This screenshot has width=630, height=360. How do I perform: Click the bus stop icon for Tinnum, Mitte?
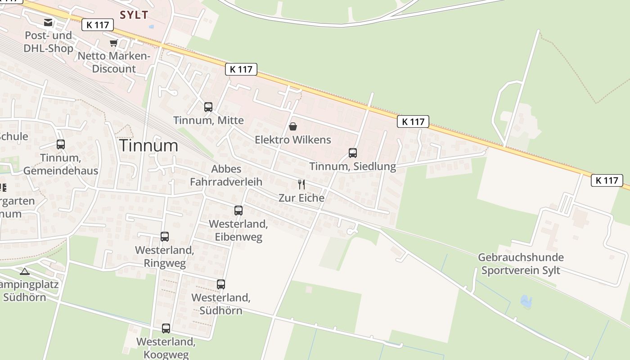pyautogui.click(x=208, y=107)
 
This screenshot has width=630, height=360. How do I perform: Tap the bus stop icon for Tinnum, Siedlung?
pyautogui.click(x=353, y=153)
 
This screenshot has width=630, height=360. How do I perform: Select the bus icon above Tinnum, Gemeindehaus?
pyautogui.click(x=61, y=144)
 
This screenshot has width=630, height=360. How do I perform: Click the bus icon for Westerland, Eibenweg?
pyautogui.click(x=238, y=211)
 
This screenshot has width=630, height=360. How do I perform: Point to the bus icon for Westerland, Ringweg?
pyautogui.click(x=165, y=237)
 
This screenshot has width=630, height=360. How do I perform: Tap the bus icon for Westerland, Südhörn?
pyautogui.click(x=220, y=284)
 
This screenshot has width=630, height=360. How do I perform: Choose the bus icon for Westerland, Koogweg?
pyautogui.click(x=166, y=328)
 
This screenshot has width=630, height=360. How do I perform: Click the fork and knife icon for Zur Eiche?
pyautogui.click(x=301, y=184)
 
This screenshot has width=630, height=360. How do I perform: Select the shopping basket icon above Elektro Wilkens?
pyautogui.click(x=293, y=126)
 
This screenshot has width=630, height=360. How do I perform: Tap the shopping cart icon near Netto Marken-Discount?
pyautogui.click(x=113, y=43)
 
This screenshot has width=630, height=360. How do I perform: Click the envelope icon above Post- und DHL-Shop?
pyautogui.click(x=48, y=22)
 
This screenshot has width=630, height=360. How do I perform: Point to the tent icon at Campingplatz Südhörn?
pyautogui.click(x=24, y=271)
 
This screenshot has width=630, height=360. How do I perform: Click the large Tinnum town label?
pyautogui.click(x=148, y=145)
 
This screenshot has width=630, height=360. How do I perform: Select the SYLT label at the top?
pyautogui.click(x=134, y=15)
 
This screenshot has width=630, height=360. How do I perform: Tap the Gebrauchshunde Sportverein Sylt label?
pyautogui.click(x=521, y=264)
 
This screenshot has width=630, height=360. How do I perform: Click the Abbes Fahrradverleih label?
pyautogui.click(x=226, y=175)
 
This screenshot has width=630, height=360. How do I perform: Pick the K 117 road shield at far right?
pyautogui.click(x=607, y=180)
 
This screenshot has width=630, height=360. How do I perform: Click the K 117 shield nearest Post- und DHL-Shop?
pyautogui.click(x=98, y=25)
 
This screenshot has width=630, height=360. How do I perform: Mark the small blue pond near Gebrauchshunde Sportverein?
pyautogui.click(x=526, y=301)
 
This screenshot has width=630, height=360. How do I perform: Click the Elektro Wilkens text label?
pyautogui.click(x=293, y=140)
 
